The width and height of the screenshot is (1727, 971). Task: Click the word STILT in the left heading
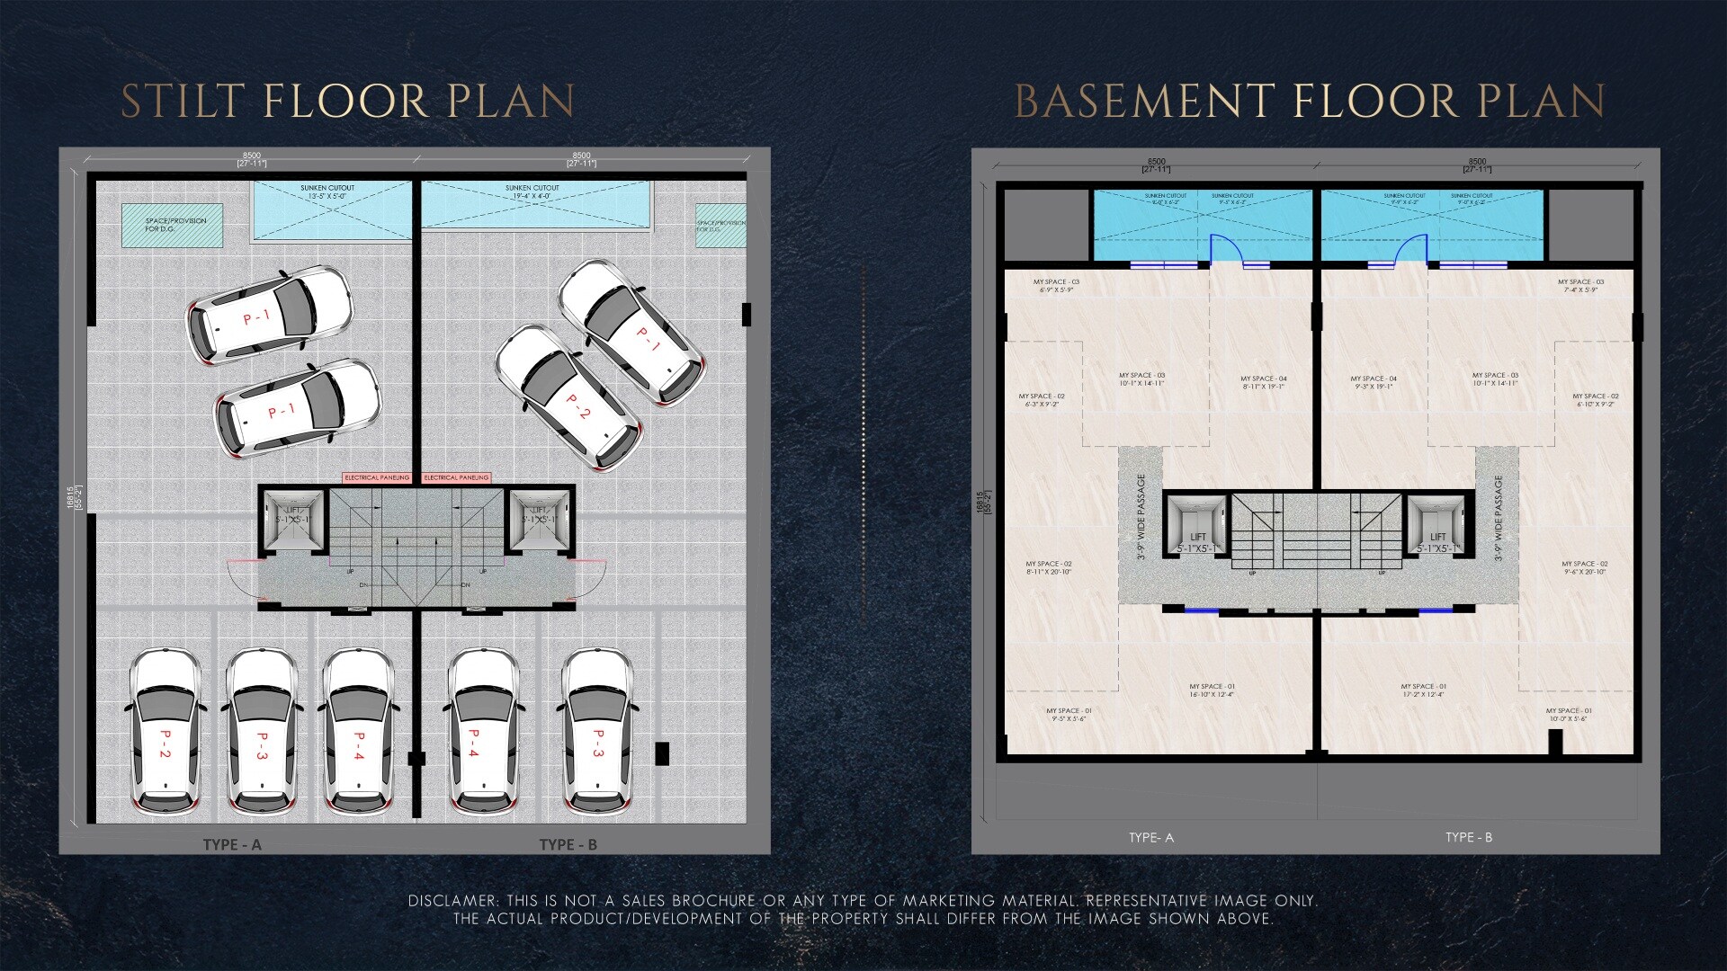tap(183, 101)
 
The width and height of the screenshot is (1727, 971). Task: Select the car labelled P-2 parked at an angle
tap(569, 396)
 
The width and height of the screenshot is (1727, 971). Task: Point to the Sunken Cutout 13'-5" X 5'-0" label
tap(327, 192)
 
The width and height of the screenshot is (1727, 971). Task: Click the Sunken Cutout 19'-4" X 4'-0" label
tap(532, 192)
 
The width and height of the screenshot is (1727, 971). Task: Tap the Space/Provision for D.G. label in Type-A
tap(175, 225)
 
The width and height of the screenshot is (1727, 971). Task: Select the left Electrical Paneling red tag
tap(377, 477)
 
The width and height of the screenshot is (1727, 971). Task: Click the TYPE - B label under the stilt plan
tap(568, 844)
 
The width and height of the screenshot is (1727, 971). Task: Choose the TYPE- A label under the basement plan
tap(1151, 837)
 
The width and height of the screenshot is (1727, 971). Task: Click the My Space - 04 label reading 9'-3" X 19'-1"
tap(1374, 382)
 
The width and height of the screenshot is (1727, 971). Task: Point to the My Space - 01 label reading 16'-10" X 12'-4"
tap(1212, 690)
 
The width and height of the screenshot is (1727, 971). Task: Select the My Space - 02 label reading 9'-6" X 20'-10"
tap(1585, 567)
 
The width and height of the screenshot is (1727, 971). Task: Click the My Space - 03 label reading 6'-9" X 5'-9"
tap(1056, 285)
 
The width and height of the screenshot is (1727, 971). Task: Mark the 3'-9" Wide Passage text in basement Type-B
tap(1499, 518)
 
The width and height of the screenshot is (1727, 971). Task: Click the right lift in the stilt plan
tap(541, 519)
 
